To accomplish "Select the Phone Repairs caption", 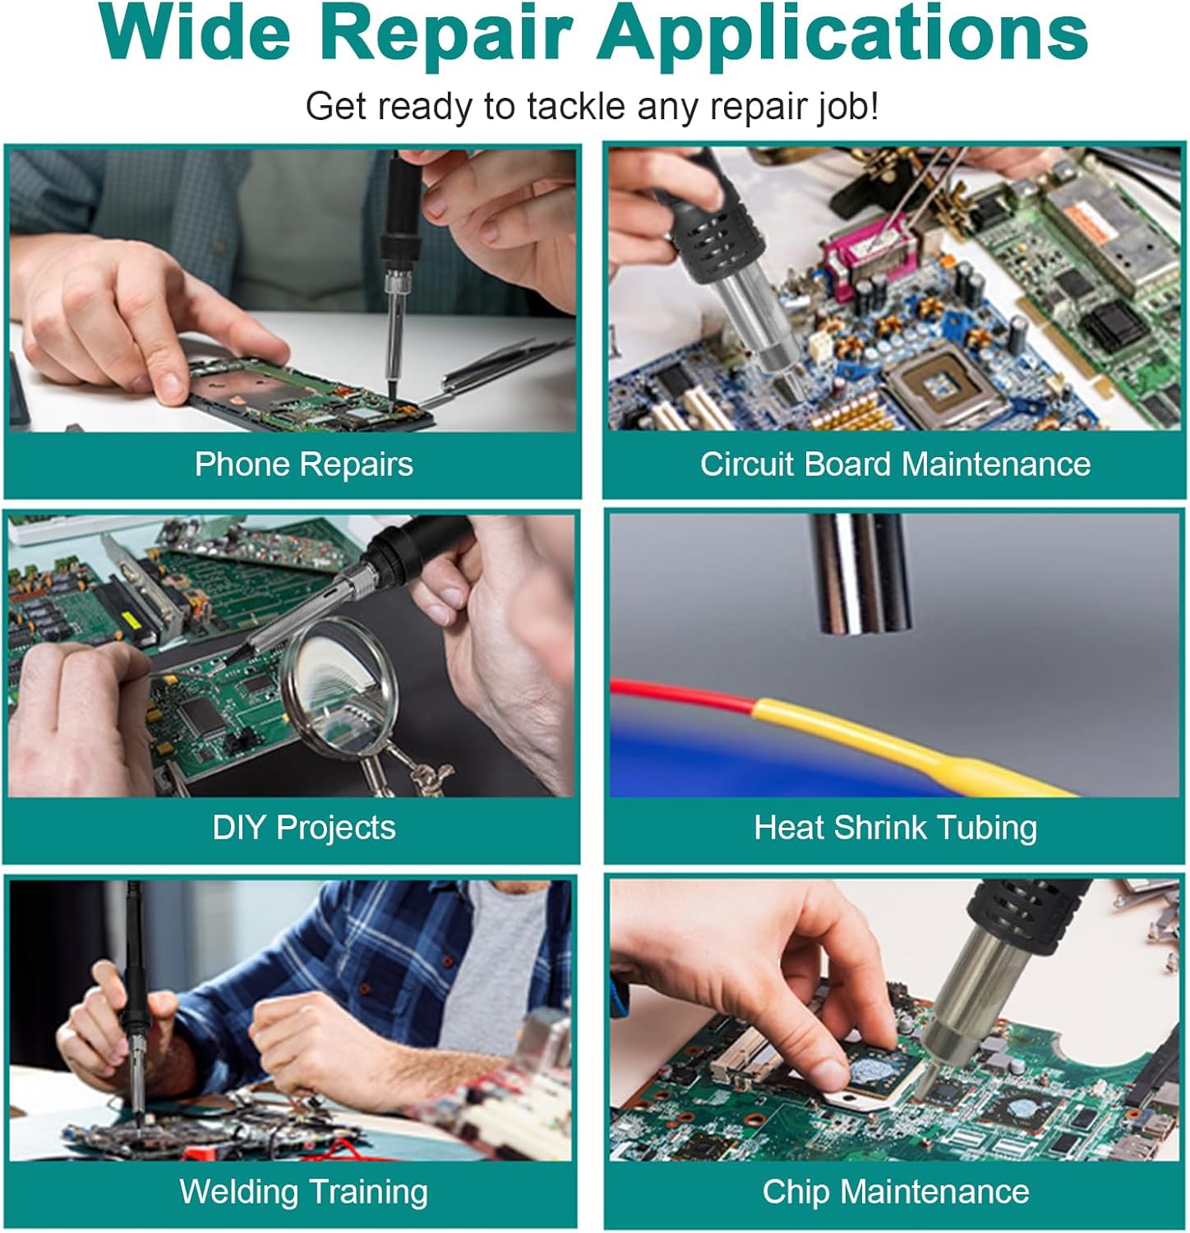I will click(303, 464).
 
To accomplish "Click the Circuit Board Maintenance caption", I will click(895, 464).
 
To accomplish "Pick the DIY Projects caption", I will click(303, 828).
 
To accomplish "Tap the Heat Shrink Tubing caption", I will click(895, 828).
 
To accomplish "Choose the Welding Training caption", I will click(303, 1192).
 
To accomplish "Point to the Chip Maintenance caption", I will click(895, 1192).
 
